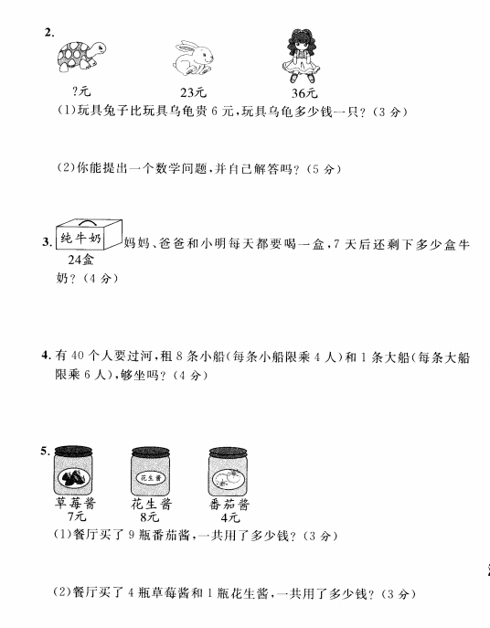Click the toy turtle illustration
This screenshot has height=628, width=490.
tap(81, 56)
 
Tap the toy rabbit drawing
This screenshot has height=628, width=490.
tap(193, 58)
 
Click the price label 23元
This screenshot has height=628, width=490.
tap(193, 92)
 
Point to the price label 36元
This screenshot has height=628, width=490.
tap(304, 93)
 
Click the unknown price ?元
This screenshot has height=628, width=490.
tap(81, 91)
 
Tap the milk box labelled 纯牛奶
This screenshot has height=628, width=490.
tap(89, 234)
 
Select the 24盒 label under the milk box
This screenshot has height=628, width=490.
tap(80, 260)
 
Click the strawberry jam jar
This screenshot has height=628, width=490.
tap(73, 470)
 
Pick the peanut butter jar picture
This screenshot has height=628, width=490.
tap(151, 471)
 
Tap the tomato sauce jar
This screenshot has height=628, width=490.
tap(228, 472)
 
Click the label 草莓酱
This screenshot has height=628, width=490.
tap(75, 503)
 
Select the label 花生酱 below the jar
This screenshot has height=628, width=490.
tap(151, 504)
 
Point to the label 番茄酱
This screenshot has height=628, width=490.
tap(229, 505)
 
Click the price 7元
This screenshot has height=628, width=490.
tap(76, 516)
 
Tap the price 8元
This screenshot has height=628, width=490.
tap(150, 517)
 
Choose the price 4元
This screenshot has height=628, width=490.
tap(230, 517)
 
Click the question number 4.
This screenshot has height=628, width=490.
tap(46, 356)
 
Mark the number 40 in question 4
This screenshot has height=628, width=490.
tap(78, 356)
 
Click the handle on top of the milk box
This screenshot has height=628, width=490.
tap(90, 222)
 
